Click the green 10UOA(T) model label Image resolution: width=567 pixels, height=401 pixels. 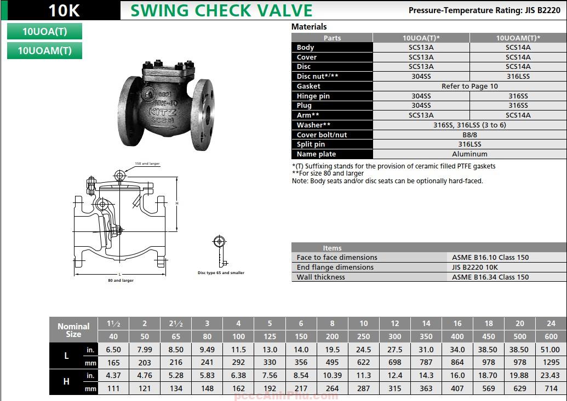(45, 31)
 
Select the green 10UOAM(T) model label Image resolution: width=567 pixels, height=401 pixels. (45, 50)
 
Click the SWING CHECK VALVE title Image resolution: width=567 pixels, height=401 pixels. (221, 10)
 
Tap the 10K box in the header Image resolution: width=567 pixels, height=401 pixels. (60, 10)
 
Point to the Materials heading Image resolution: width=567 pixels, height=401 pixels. (309, 27)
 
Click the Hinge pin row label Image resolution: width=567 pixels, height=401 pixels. (313, 96)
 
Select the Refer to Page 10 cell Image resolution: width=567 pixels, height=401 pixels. (469, 86)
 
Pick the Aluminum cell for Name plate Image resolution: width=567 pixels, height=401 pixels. (469, 154)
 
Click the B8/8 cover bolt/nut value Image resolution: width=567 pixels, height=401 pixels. (469, 135)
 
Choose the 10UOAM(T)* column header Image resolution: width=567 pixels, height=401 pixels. (518, 38)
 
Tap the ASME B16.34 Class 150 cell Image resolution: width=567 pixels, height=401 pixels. (490, 277)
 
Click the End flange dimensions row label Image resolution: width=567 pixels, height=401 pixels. (335, 268)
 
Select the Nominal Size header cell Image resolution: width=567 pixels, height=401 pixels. (73, 330)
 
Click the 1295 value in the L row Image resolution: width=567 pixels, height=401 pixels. (551, 362)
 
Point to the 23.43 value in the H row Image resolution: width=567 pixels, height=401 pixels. (551, 375)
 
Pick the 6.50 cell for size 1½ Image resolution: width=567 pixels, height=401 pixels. (113, 350)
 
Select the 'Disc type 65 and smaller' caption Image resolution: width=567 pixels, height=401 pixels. (221, 272)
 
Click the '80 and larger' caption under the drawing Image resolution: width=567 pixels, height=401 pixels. (121, 281)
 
